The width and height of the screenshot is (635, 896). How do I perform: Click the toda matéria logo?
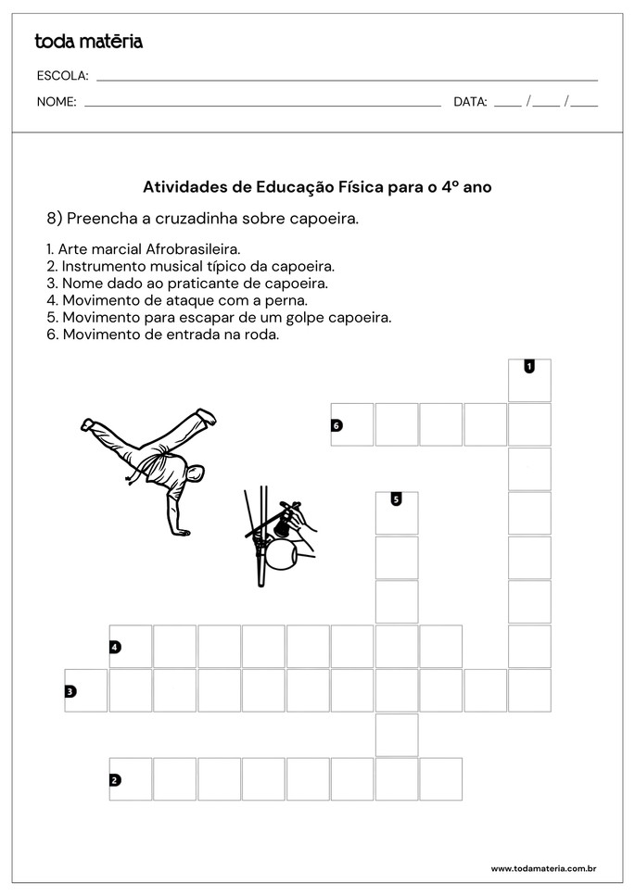tap(88, 41)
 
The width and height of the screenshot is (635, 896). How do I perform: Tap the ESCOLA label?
tap(62, 75)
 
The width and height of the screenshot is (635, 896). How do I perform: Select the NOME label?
tap(57, 102)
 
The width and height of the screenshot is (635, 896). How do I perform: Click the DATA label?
tap(470, 102)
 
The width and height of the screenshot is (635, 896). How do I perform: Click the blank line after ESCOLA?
tap(347, 80)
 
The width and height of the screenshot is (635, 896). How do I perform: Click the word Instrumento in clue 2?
tap(96, 266)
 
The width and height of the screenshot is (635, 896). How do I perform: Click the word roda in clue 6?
tap(261, 334)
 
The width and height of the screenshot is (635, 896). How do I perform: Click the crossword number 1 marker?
tap(528, 366)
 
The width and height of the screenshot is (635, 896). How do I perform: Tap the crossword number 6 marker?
tap(337, 425)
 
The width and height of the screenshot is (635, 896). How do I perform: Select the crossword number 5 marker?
tap(396, 499)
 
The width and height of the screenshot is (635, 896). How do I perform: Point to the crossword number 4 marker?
tap(115, 647)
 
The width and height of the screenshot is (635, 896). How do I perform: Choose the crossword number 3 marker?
tap(70, 690)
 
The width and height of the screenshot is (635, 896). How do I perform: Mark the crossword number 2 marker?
tap(115, 779)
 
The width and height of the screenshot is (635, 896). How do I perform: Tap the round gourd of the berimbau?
tap(281, 555)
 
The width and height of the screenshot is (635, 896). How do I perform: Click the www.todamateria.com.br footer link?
tap(542, 868)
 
